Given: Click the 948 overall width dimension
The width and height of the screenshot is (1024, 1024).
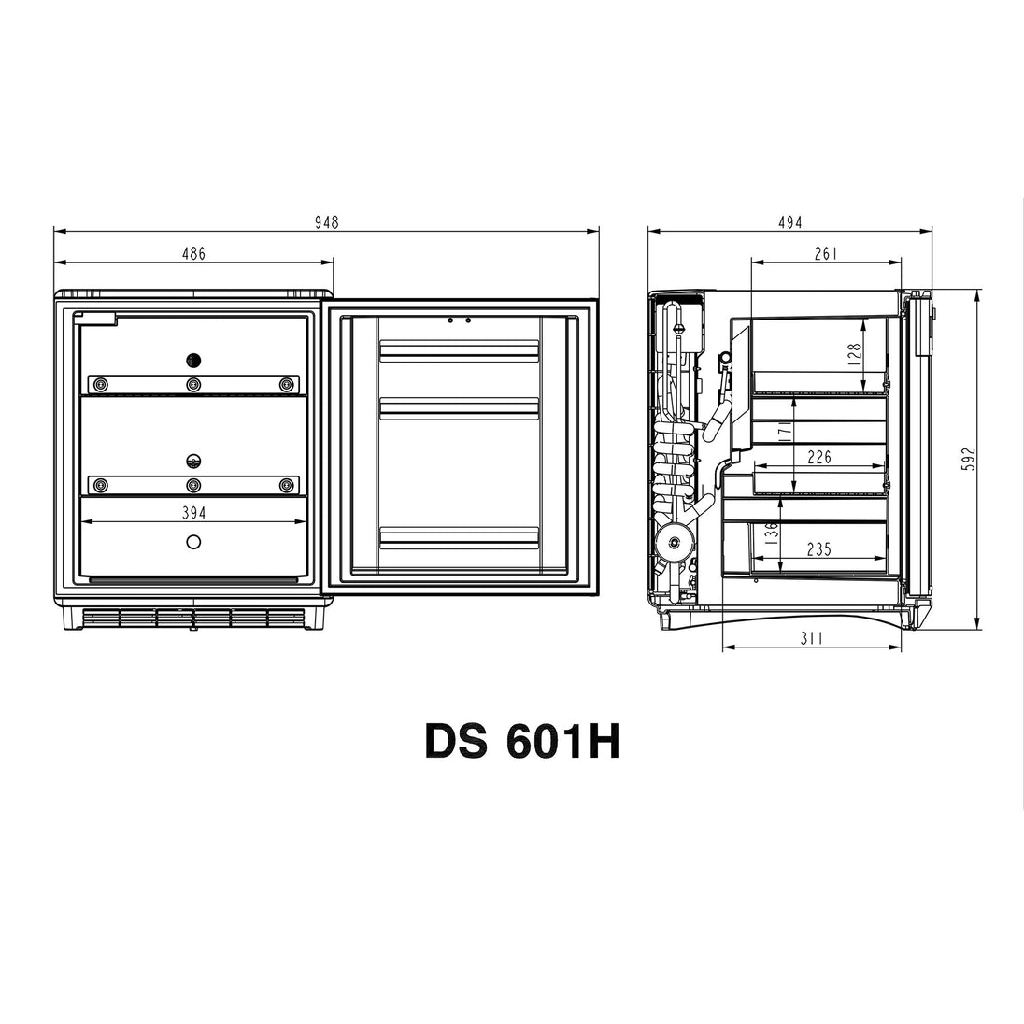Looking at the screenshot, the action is click(x=326, y=222).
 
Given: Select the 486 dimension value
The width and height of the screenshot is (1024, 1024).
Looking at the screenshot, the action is click(x=193, y=253).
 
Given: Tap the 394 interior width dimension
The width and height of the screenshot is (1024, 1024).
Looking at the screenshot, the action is click(x=194, y=513).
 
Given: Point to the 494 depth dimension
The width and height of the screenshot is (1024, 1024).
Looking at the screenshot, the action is click(x=789, y=222).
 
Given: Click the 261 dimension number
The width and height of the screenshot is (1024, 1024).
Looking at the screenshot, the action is click(x=826, y=253).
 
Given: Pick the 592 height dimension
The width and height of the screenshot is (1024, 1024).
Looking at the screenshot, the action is click(x=969, y=459).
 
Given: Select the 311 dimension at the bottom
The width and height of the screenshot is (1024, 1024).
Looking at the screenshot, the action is click(x=811, y=638).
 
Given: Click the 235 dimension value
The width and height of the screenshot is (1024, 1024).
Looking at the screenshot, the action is click(x=819, y=549).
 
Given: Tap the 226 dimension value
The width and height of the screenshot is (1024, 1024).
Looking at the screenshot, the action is click(x=819, y=457).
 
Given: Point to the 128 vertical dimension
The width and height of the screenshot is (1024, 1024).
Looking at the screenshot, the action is click(x=855, y=357).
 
